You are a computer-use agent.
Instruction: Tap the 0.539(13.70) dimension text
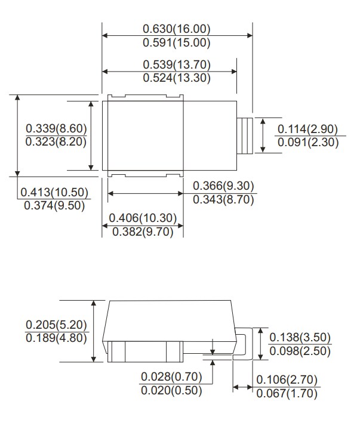[177, 64]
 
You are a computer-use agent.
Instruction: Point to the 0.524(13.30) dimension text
[177, 78]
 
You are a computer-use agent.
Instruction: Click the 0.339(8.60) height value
[57, 129]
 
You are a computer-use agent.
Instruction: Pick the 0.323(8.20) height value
[57, 142]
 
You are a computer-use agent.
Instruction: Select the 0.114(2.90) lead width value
[308, 129]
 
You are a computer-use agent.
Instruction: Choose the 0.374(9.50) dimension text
[54, 205]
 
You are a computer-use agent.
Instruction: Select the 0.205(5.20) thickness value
[57, 325]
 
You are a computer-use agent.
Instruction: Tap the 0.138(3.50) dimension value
[300, 338]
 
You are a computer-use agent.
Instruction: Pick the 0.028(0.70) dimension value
[172, 378]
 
